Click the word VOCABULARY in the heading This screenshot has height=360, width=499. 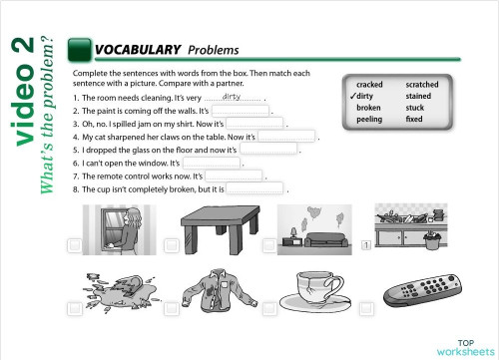coord(137,49)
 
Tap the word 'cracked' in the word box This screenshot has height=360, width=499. coord(369,85)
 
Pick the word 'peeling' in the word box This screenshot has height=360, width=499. coord(368,120)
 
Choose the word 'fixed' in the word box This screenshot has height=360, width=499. coord(414,120)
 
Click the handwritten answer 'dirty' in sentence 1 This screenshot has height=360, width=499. coord(232,97)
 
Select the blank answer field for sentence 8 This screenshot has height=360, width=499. coord(255,186)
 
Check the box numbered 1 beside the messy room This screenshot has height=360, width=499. coord(366,245)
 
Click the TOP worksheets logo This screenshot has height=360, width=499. coord(458,346)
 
